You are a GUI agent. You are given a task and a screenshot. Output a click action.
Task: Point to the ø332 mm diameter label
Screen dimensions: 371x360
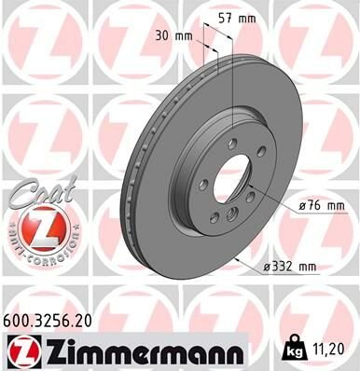(290, 268)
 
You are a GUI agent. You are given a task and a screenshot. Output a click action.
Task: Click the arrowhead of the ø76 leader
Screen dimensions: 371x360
(253, 189)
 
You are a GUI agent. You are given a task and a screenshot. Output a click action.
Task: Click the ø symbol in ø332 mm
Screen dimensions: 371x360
(266, 268)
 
